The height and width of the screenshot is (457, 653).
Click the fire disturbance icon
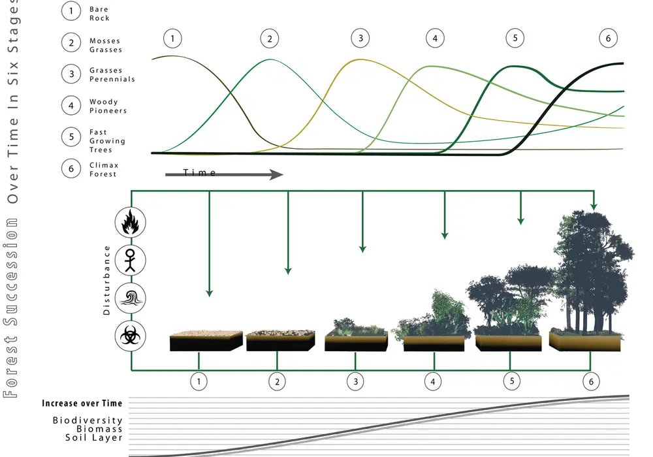click(131, 222)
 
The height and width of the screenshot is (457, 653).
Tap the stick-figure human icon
click(131, 260)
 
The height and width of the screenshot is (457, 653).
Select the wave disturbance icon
click(131, 298)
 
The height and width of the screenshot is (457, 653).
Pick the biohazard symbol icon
click(131, 336)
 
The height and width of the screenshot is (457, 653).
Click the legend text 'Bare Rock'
click(99, 14)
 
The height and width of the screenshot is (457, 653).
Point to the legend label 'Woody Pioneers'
click(108, 106)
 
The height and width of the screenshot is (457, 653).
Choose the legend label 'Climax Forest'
click(104, 169)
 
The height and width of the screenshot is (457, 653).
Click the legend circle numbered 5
click(71, 137)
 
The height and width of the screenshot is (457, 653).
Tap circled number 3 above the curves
click(360, 39)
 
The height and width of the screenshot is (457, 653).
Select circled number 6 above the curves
click(608, 39)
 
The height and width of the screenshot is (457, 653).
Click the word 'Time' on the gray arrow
click(199, 172)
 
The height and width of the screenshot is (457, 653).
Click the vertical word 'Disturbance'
click(106, 280)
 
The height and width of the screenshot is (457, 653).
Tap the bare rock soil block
click(206, 341)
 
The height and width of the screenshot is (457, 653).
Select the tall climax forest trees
click(594, 273)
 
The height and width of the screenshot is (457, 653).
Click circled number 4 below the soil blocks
click(433, 381)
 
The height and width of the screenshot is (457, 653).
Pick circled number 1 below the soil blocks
click(199, 381)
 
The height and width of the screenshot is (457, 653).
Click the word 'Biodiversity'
click(88, 420)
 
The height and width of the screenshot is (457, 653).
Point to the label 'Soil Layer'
click(93, 437)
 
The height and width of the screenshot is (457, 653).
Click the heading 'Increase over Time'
click(82, 403)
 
